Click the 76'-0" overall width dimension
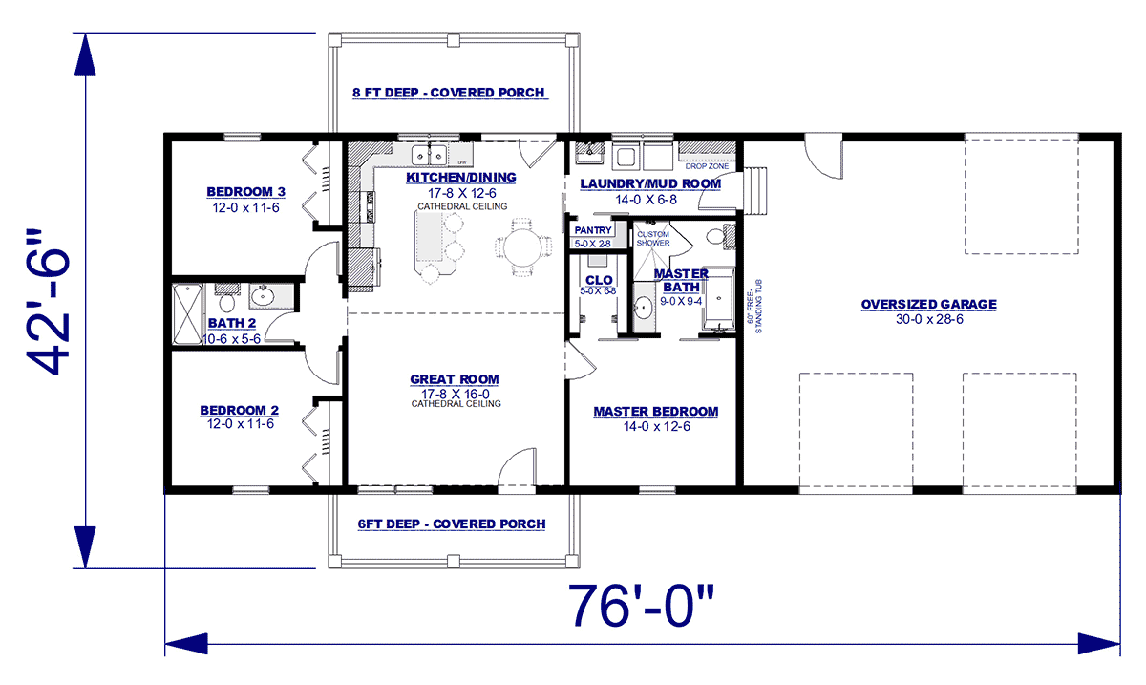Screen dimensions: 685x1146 (641, 606)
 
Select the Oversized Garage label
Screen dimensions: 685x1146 (928, 305)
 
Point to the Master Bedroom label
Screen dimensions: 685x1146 (655, 412)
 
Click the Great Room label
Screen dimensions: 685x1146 (456, 379)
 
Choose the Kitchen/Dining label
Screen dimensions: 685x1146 (460, 178)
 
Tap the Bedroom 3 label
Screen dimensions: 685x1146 (241, 189)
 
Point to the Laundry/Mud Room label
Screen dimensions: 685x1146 (650, 182)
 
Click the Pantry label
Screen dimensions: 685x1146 (592, 230)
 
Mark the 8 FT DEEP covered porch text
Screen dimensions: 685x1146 (449, 93)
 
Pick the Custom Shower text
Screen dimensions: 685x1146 (654, 238)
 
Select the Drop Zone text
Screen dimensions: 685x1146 (708, 166)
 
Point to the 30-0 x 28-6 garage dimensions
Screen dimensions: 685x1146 (928, 319)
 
